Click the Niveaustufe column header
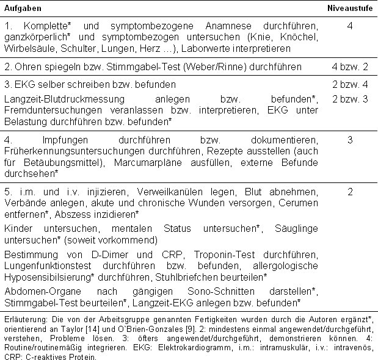point(349,7)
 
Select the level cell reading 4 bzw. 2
point(349,67)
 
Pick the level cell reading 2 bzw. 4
point(349,84)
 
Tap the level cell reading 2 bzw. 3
point(349,98)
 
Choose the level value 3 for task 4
point(350,140)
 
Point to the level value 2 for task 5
point(350,192)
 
